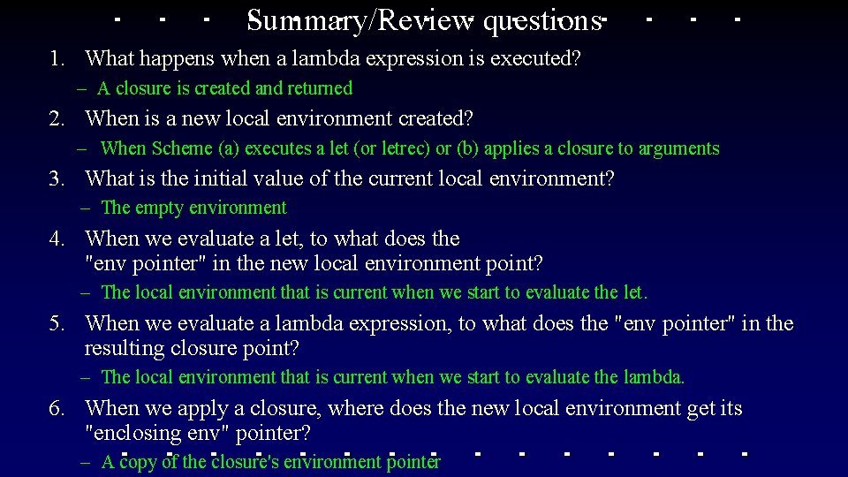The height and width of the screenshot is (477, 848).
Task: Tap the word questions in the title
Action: [541, 20]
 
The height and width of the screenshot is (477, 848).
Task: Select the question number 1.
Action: [57, 59]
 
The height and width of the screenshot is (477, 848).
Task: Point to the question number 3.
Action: [57, 178]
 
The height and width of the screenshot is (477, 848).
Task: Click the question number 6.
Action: [57, 408]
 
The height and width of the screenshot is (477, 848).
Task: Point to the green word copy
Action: [139, 461]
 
